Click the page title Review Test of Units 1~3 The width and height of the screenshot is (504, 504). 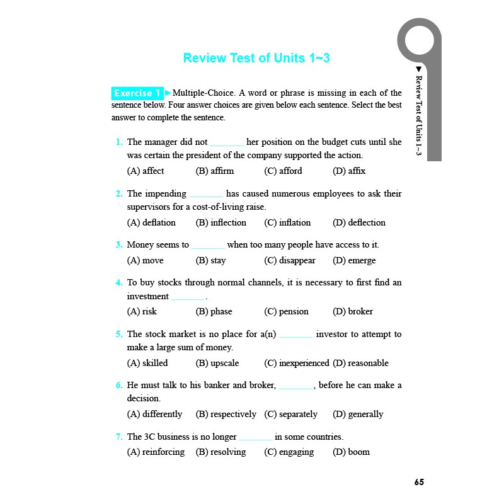pyautogui.click(x=256, y=58)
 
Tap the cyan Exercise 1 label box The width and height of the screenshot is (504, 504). pyautogui.click(x=137, y=93)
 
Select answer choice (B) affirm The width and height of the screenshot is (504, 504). pyautogui.click(x=215, y=171)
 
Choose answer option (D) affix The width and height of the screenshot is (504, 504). pyautogui.click(x=349, y=171)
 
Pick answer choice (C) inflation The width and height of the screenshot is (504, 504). pyautogui.click(x=287, y=222)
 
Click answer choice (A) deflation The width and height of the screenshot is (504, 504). pyautogui.click(x=151, y=222)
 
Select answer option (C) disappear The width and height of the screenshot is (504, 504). pyautogui.click(x=290, y=261)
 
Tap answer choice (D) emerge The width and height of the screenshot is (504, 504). pyautogui.click(x=354, y=261)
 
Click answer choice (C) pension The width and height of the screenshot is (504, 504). pyautogui.click(x=287, y=311)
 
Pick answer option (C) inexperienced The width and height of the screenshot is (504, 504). pyautogui.click(x=297, y=363)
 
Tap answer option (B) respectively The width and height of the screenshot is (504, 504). pyautogui.click(x=226, y=414)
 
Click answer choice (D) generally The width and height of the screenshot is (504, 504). pyautogui.click(x=358, y=414)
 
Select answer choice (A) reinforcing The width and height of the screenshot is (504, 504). pyautogui.click(x=156, y=452)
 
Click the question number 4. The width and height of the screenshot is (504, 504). pyautogui.click(x=119, y=283)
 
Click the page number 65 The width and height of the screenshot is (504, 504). pyautogui.click(x=420, y=482)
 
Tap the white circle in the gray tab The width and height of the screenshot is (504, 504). pyautogui.click(x=420, y=39)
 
